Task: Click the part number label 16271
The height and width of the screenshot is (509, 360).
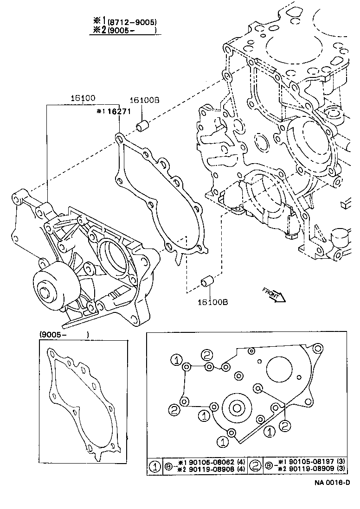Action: click(111, 112)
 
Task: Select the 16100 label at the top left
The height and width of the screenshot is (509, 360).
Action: click(83, 98)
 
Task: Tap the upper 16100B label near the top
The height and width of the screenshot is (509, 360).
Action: click(144, 100)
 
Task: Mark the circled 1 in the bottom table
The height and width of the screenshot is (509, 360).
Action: click(154, 465)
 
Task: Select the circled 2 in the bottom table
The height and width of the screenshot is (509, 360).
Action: click(256, 465)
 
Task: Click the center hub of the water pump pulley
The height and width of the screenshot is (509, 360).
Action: click(45, 293)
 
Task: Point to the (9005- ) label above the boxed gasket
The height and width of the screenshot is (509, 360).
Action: click(64, 335)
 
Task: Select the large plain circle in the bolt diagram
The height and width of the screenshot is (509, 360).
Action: click(279, 369)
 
